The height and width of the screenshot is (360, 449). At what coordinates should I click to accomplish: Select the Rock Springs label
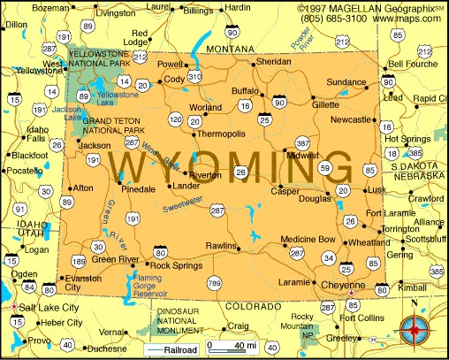coord(171,265)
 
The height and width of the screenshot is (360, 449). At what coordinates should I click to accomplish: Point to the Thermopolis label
coord(221,134)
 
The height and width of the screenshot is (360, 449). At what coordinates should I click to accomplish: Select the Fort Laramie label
coord(391,213)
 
